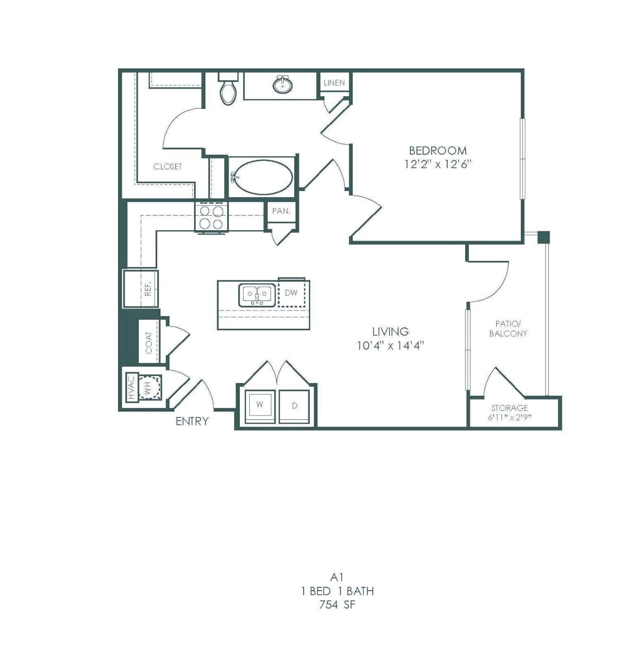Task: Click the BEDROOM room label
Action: click(x=438, y=150)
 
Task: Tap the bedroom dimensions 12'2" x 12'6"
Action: click(x=438, y=165)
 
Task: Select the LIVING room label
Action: click(x=390, y=332)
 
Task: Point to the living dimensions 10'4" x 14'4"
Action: click(x=390, y=345)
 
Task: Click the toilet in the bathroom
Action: click(x=228, y=88)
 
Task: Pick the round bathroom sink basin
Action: click(x=282, y=84)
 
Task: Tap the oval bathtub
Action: click(x=263, y=177)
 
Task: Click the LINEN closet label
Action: click(x=334, y=83)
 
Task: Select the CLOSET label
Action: click(x=168, y=166)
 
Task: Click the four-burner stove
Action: click(x=212, y=217)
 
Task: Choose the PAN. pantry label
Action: click(x=281, y=211)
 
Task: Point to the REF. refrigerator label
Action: click(x=148, y=288)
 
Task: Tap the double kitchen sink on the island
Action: click(x=257, y=295)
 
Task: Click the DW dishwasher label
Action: click(x=291, y=293)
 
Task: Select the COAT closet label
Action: click(x=149, y=342)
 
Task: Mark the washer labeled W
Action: click(x=260, y=406)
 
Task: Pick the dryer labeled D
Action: click(x=295, y=406)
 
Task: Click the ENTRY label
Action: click(x=192, y=421)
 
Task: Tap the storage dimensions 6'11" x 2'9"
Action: click(x=510, y=417)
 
